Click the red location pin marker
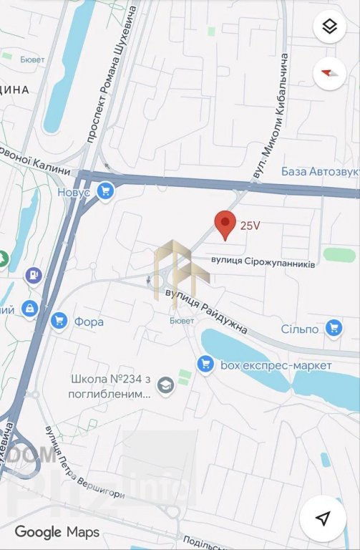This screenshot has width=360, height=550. (225, 224)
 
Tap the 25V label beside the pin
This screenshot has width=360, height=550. (250, 225)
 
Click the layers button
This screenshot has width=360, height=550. (329, 27)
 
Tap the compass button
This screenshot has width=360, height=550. (329, 72)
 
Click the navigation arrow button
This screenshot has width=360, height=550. (323, 518)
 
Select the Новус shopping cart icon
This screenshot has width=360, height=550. (106, 191)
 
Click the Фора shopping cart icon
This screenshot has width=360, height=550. (59, 322)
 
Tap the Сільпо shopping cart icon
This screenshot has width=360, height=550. (334, 329)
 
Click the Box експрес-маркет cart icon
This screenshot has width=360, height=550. (206, 365)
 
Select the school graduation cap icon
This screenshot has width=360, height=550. (166, 386)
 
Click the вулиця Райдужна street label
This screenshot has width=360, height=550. (206, 312)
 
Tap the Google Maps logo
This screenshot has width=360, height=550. (57, 532)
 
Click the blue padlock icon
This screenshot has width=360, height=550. (29, 308)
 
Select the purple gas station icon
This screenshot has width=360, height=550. (33, 274)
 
